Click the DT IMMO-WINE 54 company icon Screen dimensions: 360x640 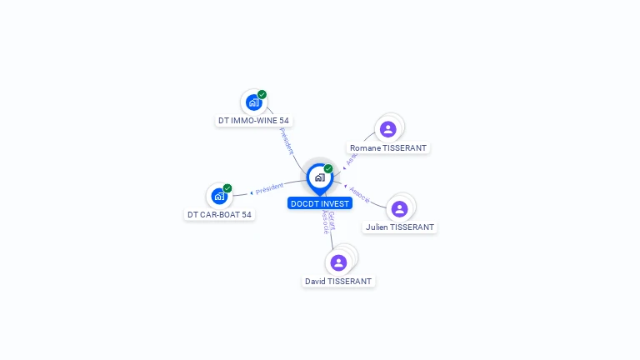pyautogui.click(x=252, y=102)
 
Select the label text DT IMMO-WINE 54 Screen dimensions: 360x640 pyautogui.click(x=253, y=121)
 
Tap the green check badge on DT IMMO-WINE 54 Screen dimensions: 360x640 pyautogui.click(x=262, y=94)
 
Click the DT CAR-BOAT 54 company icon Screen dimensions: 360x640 pyautogui.click(x=218, y=197)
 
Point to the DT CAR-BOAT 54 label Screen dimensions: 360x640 pyautogui.click(x=219, y=214)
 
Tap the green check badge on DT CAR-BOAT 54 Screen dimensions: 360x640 pyautogui.click(x=227, y=188)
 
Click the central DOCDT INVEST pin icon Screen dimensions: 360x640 pyautogui.click(x=319, y=177)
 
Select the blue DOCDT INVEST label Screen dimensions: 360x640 pyautogui.click(x=320, y=203)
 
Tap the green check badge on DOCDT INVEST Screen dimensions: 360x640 pyautogui.click(x=328, y=169)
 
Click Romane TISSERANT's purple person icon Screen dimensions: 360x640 pyautogui.click(x=387, y=129)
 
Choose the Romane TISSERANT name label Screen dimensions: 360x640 pyautogui.click(x=388, y=148)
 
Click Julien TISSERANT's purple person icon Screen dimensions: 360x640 pyautogui.click(x=399, y=208)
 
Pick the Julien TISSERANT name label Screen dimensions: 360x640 pyautogui.click(x=400, y=227)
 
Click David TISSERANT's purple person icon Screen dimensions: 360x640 pyautogui.click(x=338, y=262)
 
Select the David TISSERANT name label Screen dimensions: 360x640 pyautogui.click(x=338, y=282)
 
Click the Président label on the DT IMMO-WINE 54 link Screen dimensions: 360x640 pyautogui.click(x=286, y=140)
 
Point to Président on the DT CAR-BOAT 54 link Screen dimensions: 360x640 pyautogui.click(x=269, y=188)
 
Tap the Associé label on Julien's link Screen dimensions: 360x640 pyautogui.click(x=361, y=194)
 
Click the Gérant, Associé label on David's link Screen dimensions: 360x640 pyautogui.click(x=328, y=222)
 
